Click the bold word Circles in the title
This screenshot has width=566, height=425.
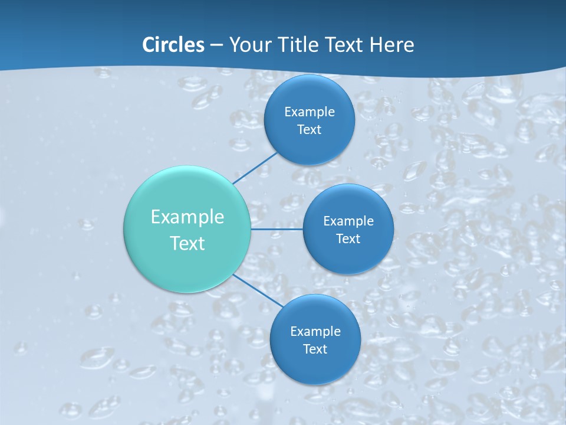coord(173,45)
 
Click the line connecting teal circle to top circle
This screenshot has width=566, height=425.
coord(255,168)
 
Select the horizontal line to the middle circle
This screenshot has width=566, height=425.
coord(277,229)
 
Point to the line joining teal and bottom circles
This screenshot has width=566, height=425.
coord(257,290)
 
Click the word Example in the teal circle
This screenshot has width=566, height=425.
coord(187,217)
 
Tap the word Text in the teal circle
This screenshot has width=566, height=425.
coord(187,243)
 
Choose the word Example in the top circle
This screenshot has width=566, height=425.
coord(310,112)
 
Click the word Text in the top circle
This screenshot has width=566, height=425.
coord(310,129)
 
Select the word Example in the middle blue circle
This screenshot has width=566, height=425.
coord(348,221)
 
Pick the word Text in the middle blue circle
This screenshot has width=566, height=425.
coord(348,238)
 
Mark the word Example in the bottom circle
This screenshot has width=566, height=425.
coord(315,331)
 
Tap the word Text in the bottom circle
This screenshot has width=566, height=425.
coord(315,349)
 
